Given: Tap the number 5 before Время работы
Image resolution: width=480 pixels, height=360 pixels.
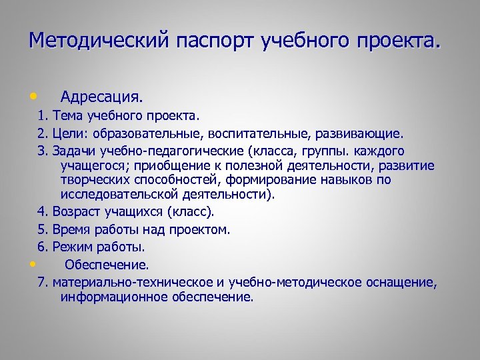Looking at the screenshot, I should pyautogui.click(x=41, y=230).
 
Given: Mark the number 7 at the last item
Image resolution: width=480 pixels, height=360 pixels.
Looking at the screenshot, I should pyautogui.click(x=41, y=282).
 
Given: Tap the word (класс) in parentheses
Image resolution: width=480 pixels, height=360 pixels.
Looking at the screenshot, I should pyautogui.click(x=191, y=213).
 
